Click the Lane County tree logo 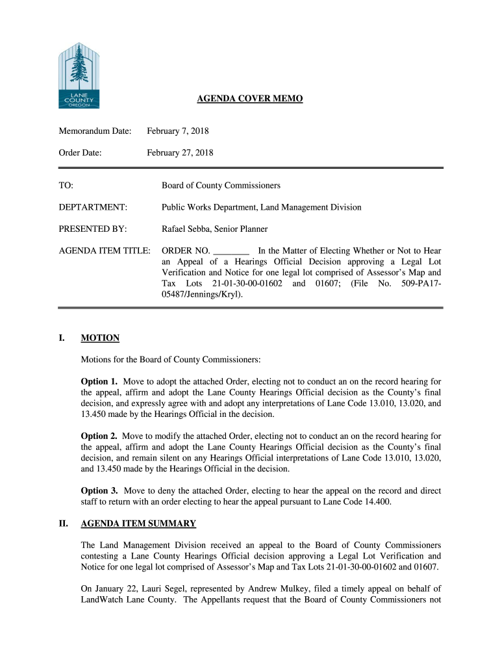(x=79, y=75)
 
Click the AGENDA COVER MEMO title (x=250, y=99)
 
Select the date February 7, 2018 (x=177, y=132)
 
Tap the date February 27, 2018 (x=180, y=153)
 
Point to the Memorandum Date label (x=95, y=132)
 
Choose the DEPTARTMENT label (x=93, y=207)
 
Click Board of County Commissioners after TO (x=221, y=186)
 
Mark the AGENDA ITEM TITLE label (x=105, y=251)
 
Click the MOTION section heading (x=100, y=338)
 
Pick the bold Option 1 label (x=99, y=381)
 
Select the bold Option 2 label (x=99, y=436)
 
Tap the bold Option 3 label (x=99, y=490)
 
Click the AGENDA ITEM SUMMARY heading (x=138, y=523)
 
